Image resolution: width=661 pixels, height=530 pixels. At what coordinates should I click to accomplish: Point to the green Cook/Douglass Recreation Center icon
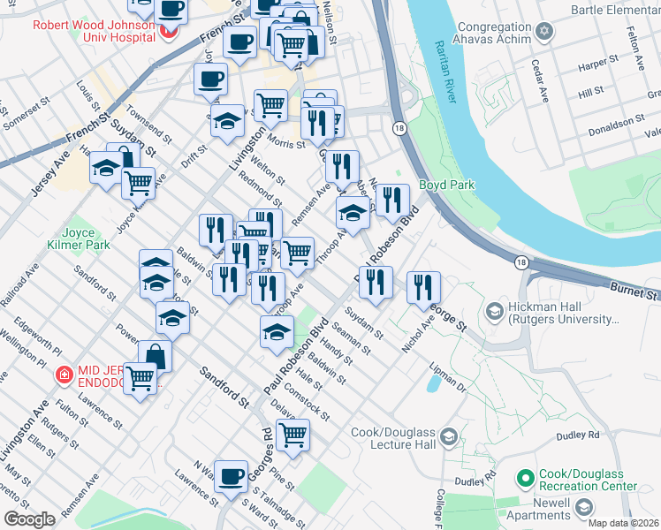[525, 478]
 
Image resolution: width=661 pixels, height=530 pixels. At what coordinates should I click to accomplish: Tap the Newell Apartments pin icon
[583, 507]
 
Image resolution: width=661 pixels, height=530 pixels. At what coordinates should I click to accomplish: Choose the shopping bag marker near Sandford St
[155, 356]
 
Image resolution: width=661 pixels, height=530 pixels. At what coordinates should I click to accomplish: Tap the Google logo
[30, 519]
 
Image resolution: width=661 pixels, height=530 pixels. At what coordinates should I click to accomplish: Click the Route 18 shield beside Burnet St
[521, 261]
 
